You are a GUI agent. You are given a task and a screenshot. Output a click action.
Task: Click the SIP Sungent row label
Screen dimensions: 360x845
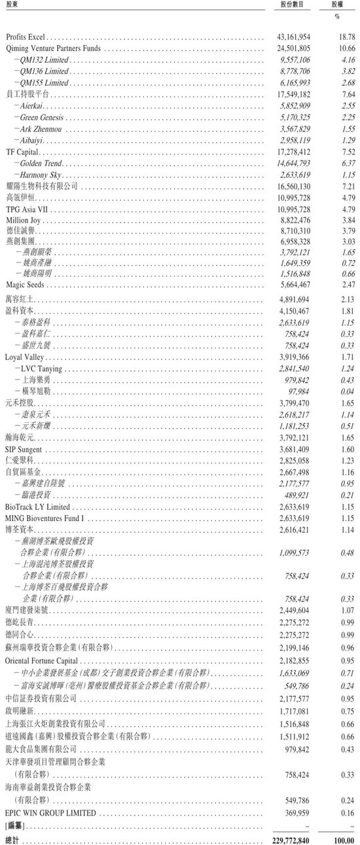(x=24, y=449)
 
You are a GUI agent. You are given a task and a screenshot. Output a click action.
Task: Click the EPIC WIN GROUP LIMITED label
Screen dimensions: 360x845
(x=50, y=812)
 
